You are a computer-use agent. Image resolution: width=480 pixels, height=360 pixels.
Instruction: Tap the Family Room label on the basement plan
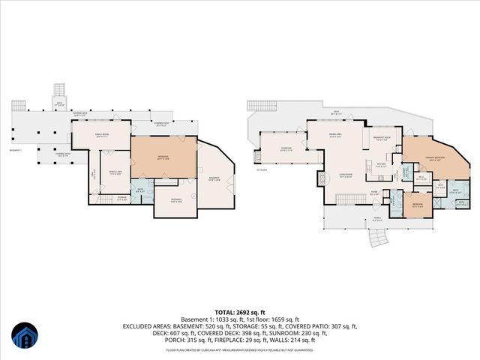(102, 135)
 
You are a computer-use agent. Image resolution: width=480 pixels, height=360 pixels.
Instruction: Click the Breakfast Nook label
(381, 139)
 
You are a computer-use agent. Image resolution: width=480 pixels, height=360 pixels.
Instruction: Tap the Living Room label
(346, 177)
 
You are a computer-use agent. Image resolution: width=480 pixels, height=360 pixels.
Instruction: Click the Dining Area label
(335, 136)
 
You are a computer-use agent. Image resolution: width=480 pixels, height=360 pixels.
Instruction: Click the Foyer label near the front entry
(373, 192)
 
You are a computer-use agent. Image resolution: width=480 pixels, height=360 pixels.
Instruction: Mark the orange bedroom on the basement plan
(164, 157)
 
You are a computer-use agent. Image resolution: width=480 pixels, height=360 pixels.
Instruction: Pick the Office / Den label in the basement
(115, 172)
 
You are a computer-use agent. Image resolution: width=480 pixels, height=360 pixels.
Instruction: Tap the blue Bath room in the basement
(139, 190)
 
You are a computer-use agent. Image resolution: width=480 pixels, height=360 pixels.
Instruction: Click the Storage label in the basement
(122, 198)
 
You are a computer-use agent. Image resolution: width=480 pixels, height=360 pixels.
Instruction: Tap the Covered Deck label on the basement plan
(79, 115)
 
